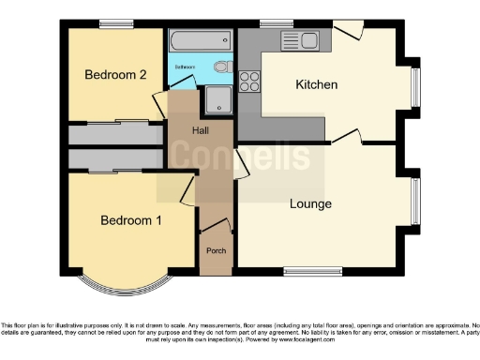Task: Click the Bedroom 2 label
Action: coord(114,75)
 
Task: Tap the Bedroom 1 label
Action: coord(131,221)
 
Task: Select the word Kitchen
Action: coord(316,85)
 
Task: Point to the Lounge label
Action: coord(310,203)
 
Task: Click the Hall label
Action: coord(202,130)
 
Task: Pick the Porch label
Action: coord(215,252)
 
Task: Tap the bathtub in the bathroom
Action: coord(200,40)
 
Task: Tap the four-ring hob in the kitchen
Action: coord(250,82)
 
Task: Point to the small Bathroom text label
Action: coord(184,67)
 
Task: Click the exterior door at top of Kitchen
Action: coord(346,30)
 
